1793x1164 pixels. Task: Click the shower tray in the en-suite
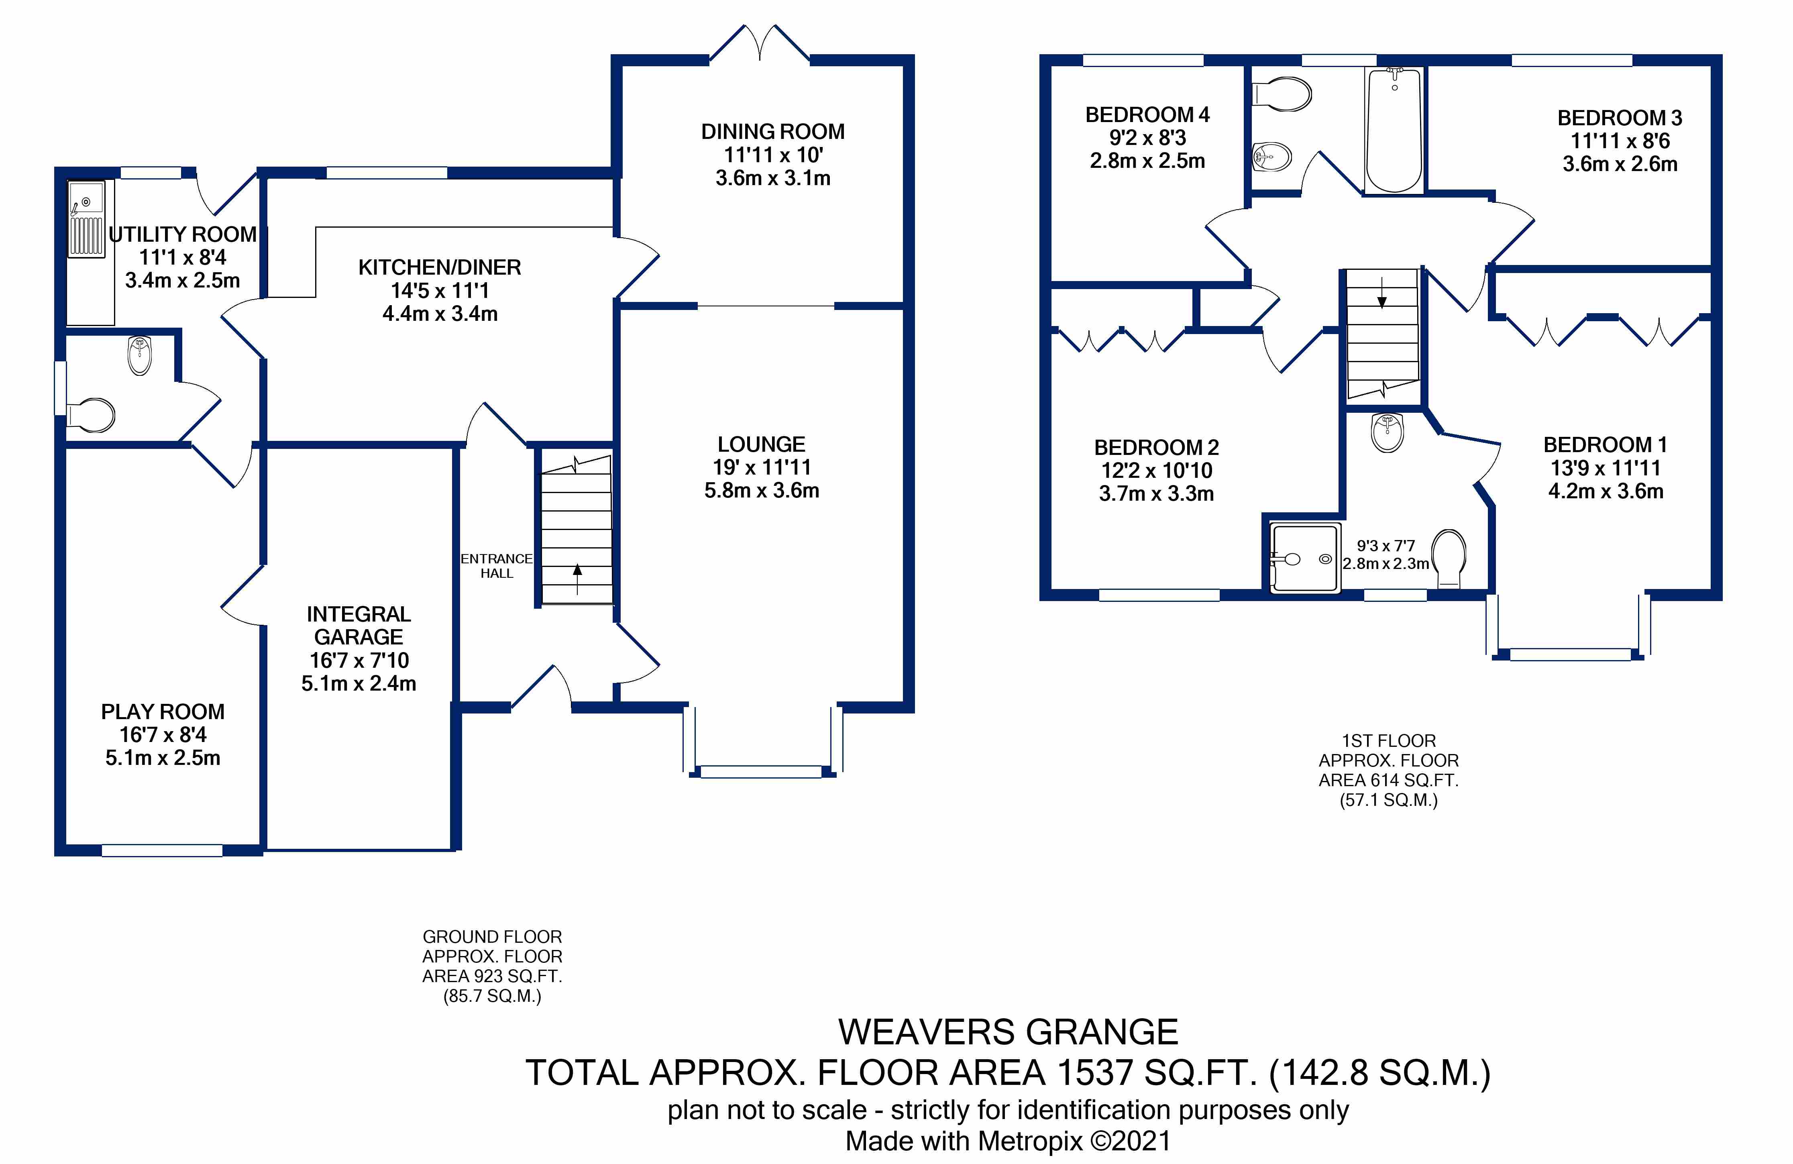(x=1306, y=558)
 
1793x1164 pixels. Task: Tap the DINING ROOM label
(x=773, y=132)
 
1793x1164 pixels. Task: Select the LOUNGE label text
(x=762, y=444)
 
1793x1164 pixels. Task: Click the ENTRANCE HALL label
(x=497, y=566)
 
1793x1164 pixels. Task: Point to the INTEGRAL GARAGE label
(x=359, y=625)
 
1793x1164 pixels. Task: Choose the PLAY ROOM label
(x=163, y=712)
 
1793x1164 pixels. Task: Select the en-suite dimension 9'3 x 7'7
(x=1386, y=545)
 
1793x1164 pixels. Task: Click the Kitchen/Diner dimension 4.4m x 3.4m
(x=440, y=314)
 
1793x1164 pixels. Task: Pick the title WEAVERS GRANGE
(x=1008, y=1032)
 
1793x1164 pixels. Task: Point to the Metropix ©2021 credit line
(x=1008, y=1142)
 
